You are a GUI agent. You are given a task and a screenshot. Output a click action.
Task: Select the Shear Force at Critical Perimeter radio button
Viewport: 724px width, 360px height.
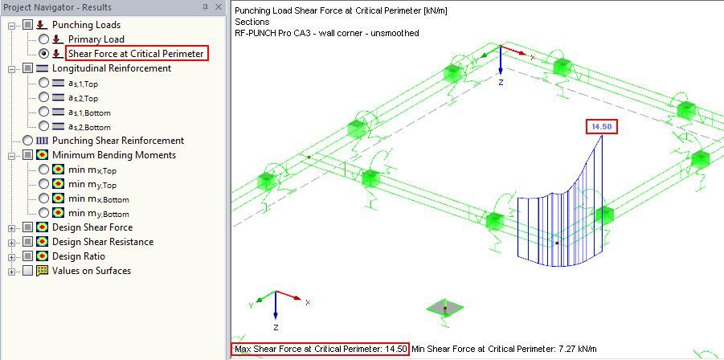43,54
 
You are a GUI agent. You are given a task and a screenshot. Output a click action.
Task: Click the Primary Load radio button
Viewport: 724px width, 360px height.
43,39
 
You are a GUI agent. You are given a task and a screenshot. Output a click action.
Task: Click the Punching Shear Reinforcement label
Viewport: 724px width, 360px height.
117,141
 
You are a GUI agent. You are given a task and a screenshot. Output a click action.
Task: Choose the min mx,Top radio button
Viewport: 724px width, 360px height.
43,170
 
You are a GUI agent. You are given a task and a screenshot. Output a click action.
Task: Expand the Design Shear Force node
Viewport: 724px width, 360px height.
11,227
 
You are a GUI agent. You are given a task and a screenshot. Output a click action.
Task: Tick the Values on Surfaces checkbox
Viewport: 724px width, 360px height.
27,271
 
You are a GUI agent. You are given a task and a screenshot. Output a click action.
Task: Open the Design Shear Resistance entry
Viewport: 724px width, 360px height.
102,242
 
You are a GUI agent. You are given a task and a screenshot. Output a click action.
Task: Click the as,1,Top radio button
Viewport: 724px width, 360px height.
43,83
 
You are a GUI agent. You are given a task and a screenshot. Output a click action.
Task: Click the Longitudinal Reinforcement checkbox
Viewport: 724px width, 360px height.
27,68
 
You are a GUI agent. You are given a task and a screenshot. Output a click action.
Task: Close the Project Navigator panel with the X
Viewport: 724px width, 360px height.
219,7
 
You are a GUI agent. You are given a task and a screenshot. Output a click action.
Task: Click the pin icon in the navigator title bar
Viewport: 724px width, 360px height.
207,7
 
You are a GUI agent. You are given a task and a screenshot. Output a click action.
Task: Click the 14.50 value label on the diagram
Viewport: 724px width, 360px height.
601,127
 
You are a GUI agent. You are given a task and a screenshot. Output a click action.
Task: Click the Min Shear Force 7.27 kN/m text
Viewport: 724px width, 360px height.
505,349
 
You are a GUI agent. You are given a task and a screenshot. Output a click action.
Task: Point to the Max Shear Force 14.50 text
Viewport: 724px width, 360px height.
321,349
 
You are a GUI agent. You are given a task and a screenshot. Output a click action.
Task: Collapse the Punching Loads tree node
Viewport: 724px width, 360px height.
11,25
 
